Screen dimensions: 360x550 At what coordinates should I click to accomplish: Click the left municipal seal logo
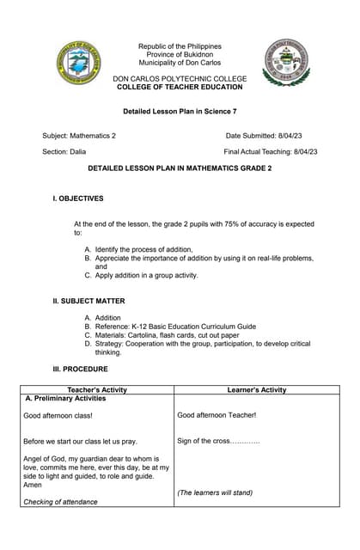(x=79, y=63)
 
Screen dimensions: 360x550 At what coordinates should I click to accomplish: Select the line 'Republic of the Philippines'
(x=180, y=46)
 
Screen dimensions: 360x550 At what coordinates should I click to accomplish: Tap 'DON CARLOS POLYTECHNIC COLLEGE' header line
(x=180, y=78)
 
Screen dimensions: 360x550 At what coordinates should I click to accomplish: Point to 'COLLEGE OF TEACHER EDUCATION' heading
(x=180, y=87)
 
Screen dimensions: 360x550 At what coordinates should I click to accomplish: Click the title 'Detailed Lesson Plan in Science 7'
(x=180, y=112)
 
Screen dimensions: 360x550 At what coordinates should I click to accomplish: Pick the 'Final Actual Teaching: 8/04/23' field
(x=270, y=151)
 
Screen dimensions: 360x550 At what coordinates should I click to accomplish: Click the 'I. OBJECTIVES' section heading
(x=78, y=199)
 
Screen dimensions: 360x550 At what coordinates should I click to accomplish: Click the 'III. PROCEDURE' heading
(x=81, y=369)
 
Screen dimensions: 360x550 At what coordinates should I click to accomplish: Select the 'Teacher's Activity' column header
(x=96, y=389)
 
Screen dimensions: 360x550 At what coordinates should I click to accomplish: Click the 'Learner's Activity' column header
(x=254, y=389)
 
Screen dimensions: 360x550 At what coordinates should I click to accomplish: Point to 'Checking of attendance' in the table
(x=60, y=502)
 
